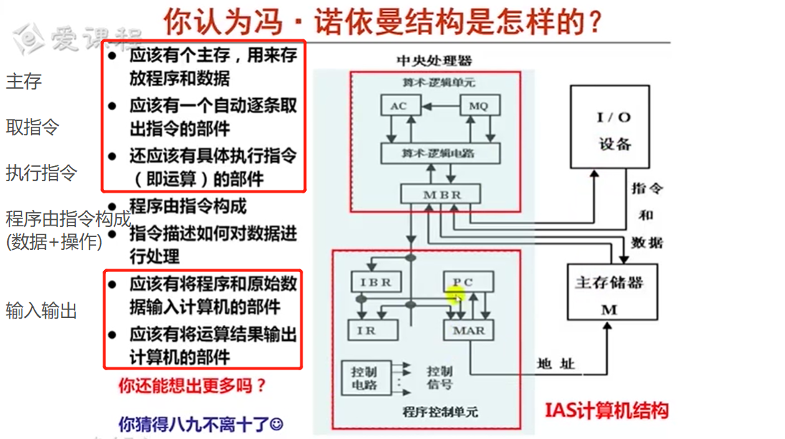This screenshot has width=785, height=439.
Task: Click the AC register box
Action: click(399, 106)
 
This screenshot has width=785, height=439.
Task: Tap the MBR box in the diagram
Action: click(441, 194)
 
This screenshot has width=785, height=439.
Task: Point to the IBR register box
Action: click(375, 281)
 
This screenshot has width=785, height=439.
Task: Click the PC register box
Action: click(467, 281)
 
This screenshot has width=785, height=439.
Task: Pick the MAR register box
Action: click(469, 330)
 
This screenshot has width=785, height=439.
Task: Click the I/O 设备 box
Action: click(614, 128)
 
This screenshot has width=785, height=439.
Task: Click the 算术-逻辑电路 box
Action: click(440, 153)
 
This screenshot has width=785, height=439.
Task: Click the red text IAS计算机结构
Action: click(606, 410)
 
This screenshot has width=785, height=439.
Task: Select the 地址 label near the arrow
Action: click(556, 365)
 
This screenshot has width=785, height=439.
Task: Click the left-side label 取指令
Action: click(32, 127)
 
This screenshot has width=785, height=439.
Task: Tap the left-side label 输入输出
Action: click(41, 311)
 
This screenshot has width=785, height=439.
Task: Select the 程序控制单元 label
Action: click(440, 411)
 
